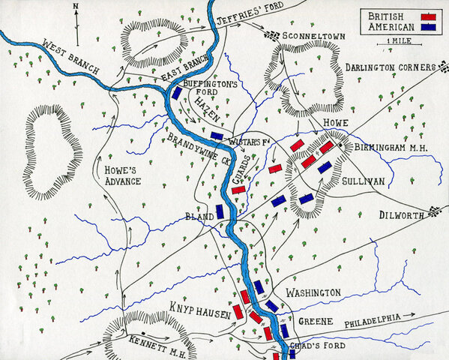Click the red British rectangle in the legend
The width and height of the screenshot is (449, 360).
(x=429, y=16)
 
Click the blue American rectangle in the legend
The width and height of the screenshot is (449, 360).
(x=429, y=27)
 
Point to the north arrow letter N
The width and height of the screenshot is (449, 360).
(x=76, y=6)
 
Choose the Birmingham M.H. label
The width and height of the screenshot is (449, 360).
(x=390, y=148)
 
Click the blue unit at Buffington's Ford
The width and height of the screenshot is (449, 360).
(x=176, y=93)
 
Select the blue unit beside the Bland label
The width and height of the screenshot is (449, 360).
(x=220, y=211)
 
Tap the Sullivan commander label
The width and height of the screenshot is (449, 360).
(x=364, y=181)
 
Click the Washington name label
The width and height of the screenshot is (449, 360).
(x=313, y=291)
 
